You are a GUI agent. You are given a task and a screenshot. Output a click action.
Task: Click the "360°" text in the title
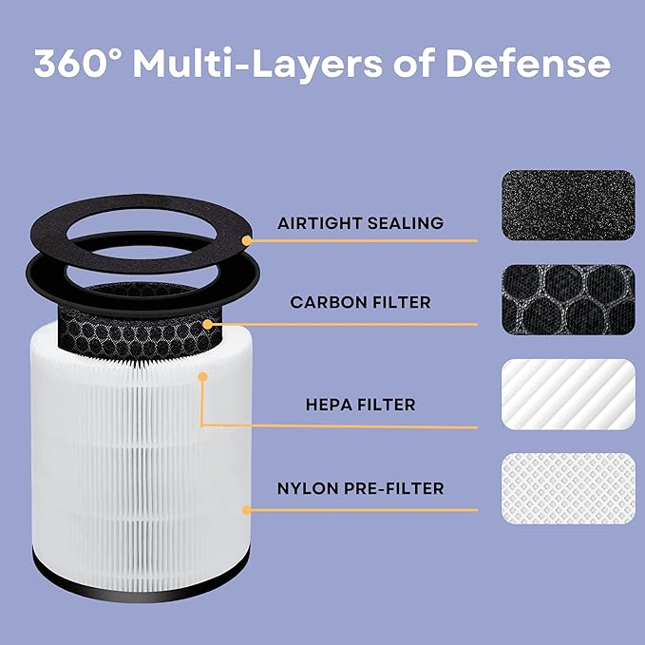tap(77, 64)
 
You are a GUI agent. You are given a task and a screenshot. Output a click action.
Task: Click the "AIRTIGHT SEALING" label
tap(360, 223)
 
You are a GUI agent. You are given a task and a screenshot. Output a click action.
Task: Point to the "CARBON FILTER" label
tap(360, 302)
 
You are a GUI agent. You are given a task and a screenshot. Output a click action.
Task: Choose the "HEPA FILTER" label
tap(360, 405)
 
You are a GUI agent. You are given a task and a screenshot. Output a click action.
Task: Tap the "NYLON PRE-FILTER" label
tap(360, 488)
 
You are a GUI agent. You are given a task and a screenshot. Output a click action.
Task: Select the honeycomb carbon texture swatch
tap(567, 298)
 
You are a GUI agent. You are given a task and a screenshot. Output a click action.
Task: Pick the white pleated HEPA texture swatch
tap(567, 394)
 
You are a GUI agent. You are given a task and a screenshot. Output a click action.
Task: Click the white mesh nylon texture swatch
tap(567, 487)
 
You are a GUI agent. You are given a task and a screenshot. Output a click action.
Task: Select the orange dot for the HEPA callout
tap(202, 378)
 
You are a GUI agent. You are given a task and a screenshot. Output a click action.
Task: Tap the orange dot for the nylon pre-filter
tap(246, 510)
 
